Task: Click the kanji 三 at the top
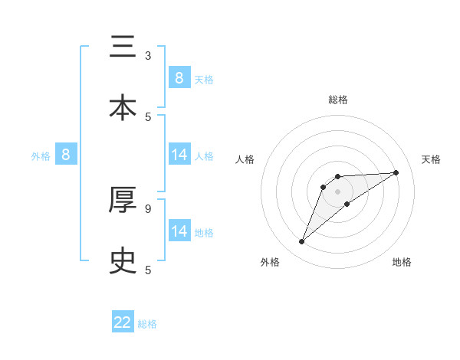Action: [x=123, y=47]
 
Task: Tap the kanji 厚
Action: [x=123, y=200]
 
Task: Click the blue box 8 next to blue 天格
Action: [x=179, y=78]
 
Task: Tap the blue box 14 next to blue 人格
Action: [x=179, y=155]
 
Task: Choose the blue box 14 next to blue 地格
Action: [x=179, y=231]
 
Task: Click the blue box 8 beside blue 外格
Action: [x=66, y=155]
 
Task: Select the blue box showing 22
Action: [x=123, y=322]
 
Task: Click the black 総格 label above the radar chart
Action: [x=338, y=100]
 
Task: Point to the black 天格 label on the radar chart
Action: [x=432, y=159]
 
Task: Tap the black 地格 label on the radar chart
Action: [x=402, y=262]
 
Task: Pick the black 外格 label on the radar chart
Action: [x=270, y=262]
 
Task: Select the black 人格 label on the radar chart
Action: [x=245, y=159]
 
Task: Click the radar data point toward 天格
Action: [x=396, y=172]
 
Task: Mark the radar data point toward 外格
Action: [x=302, y=242]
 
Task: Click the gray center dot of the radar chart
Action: [x=338, y=191]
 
